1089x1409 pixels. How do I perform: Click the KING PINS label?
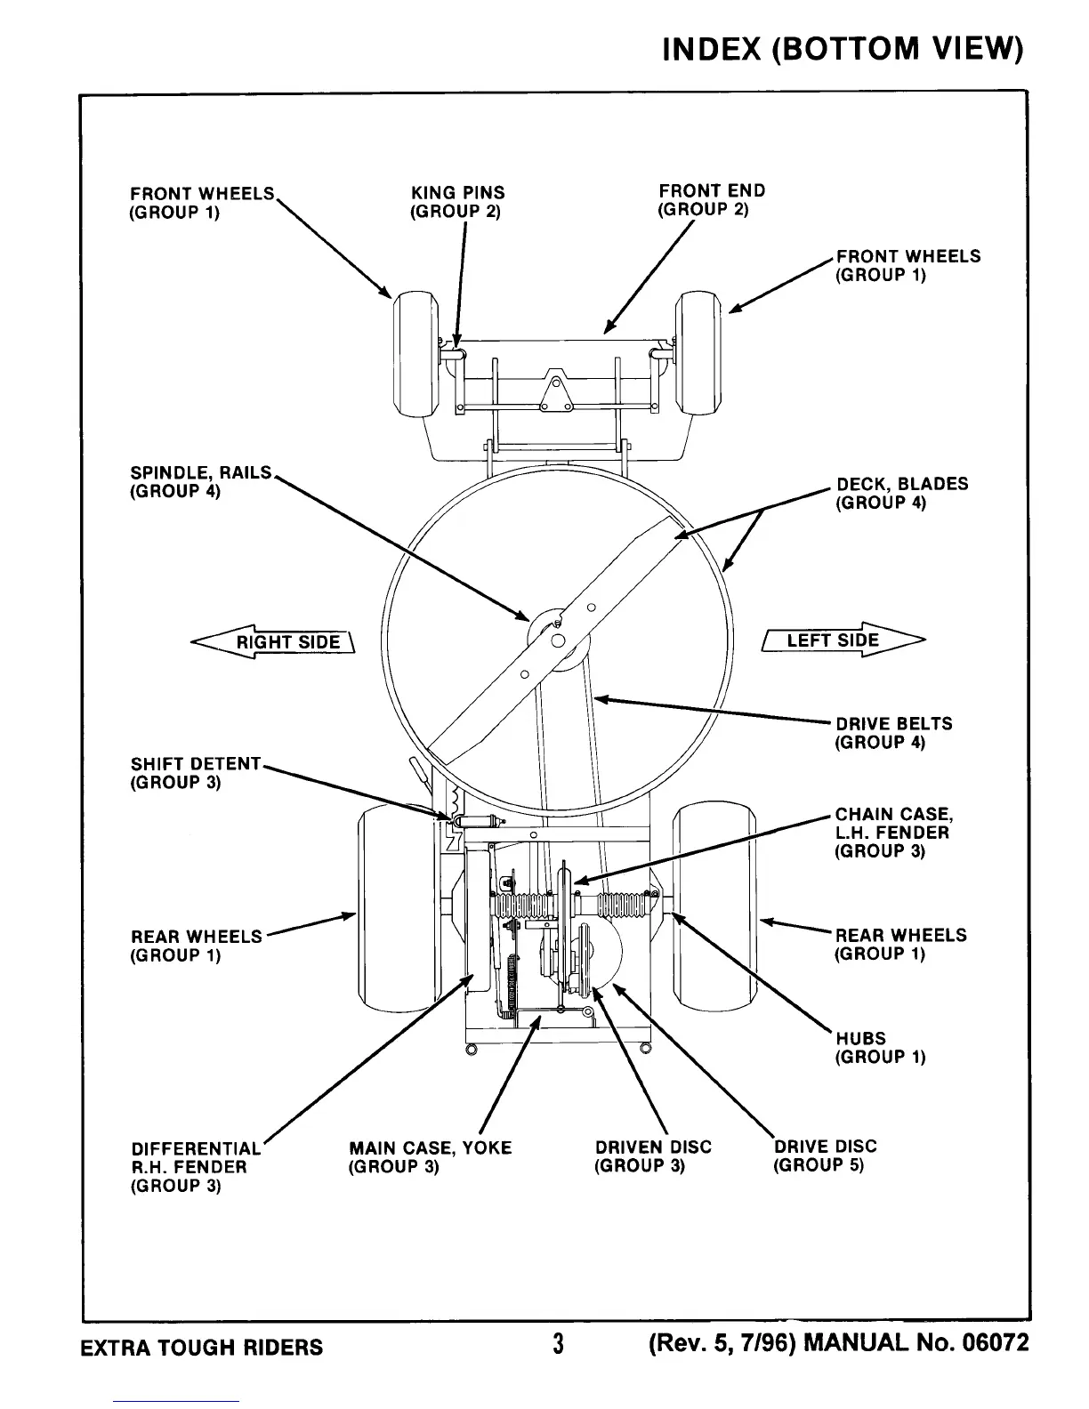click(x=456, y=202)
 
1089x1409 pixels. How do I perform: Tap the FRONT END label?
click(x=711, y=200)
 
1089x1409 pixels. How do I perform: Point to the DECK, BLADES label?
click(x=901, y=494)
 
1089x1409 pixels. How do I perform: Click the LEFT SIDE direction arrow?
click(x=843, y=640)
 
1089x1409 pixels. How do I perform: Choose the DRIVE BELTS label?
click(x=892, y=733)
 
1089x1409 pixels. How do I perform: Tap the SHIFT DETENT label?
click(x=195, y=773)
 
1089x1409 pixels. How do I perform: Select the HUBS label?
click(x=879, y=1047)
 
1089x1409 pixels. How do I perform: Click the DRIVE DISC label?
click(x=825, y=1155)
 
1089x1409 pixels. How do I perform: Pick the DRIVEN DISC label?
click(x=653, y=1156)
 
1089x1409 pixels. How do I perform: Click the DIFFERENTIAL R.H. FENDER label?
click(x=196, y=1167)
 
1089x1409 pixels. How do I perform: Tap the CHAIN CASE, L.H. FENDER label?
click(x=892, y=833)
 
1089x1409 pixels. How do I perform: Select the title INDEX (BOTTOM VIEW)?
click(x=842, y=48)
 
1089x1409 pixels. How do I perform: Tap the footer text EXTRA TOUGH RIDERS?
click(x=202, y=1346)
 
